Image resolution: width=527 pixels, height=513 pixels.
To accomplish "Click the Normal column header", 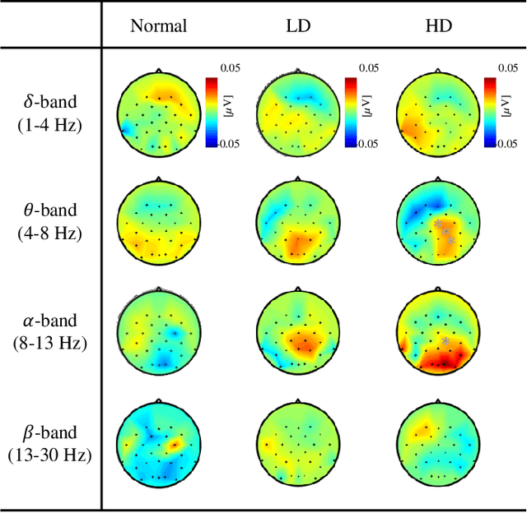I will (x=158, y=25).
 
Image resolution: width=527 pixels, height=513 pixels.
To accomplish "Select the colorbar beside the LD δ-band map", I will (x=352, y=111).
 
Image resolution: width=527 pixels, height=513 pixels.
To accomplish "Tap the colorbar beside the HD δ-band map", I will (x=491, y=111).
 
